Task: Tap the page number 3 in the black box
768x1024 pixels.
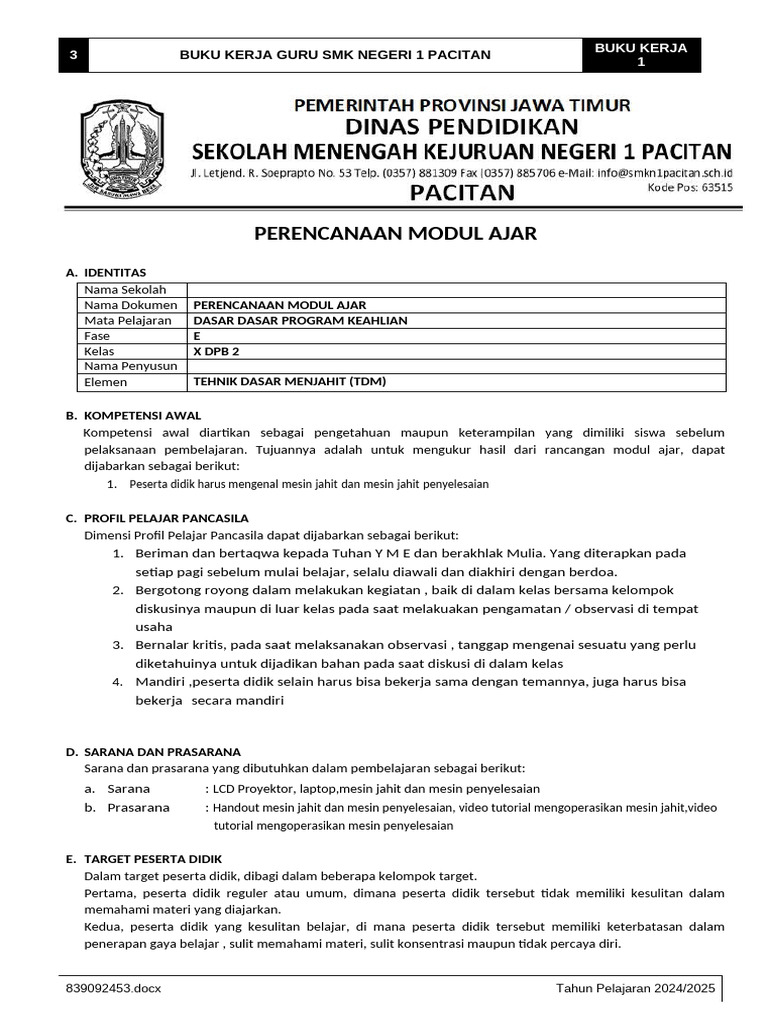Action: click(72, 55)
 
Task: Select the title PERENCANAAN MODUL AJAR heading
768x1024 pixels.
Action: click(396, 234)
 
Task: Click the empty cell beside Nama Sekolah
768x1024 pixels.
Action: click(456, 290)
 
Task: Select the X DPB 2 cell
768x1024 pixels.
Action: click(456, 351)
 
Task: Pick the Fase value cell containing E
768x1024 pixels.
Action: click(456, 336)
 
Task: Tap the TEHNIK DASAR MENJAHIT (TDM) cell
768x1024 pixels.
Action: click(456, 382)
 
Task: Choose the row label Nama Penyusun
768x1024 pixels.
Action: click(130, 367)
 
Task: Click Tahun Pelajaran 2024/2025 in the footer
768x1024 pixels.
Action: click(636, 989)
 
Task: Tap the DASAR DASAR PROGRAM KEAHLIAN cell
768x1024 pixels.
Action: click(456, 321)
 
